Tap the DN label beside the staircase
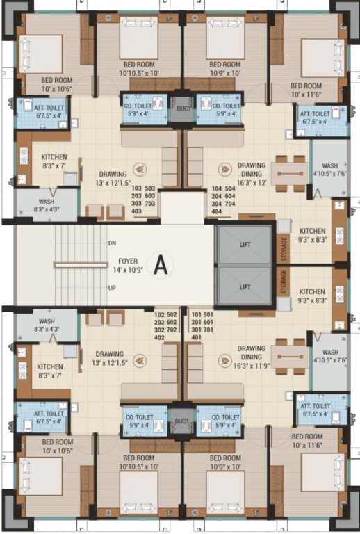pos(112,243)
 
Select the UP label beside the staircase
pos(112,288)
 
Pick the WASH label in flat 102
pos(47,321)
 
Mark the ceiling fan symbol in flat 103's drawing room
pos(138,168)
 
